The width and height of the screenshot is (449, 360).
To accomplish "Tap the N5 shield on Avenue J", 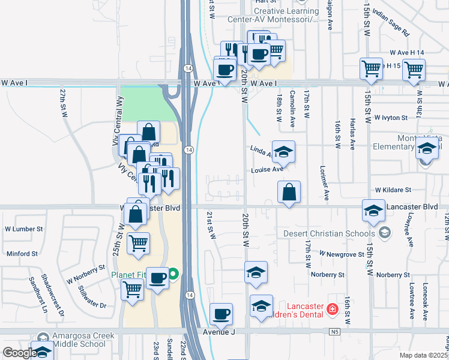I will [335, 331].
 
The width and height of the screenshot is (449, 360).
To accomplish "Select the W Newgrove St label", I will [342, 254].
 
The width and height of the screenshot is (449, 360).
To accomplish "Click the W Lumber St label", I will [24, 229].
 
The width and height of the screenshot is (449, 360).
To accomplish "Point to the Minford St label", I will [22, 254].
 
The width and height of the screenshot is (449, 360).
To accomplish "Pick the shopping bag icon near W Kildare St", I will [289, 192].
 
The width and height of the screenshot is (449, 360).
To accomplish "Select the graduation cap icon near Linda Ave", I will [283, 151].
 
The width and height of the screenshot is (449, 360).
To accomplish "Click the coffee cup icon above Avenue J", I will [221, 314].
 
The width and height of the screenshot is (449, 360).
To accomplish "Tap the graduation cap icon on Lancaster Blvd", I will [373, 210].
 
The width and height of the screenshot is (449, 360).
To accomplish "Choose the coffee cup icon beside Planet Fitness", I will [157, 278].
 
